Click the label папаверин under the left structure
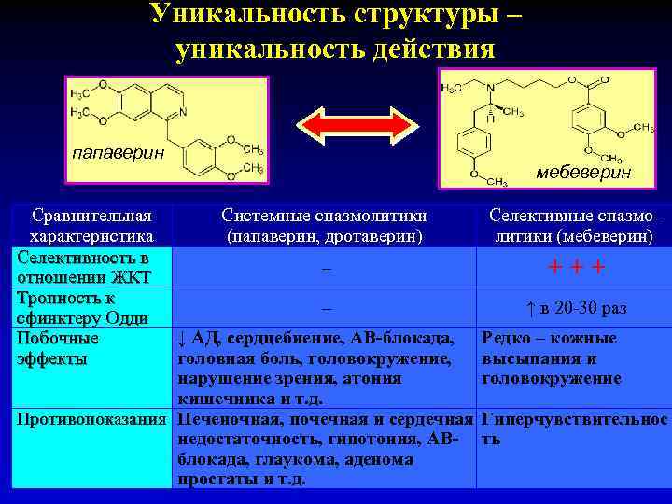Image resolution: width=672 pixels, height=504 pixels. tap(118, 153)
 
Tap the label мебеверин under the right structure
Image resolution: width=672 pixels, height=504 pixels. tap(583, 173)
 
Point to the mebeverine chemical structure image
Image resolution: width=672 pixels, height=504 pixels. tap(539, 126)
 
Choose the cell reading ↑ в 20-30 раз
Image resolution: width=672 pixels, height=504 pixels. tap(575, 308)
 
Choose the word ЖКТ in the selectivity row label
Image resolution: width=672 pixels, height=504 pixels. tap(130, 277)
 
